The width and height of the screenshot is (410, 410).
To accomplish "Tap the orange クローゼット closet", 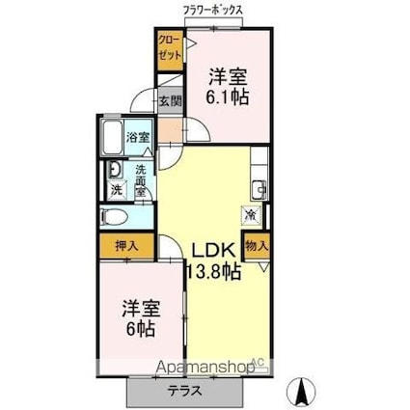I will click(169, 48).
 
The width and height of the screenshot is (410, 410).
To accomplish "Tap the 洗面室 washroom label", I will click(140, 180).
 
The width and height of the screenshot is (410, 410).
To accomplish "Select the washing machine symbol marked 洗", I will click(115, 190).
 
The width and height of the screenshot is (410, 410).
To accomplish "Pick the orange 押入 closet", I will click(126, 246).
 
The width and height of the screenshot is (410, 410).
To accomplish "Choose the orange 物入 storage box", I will click(256, 246).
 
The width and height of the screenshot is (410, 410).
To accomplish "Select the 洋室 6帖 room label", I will click(140, 319).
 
